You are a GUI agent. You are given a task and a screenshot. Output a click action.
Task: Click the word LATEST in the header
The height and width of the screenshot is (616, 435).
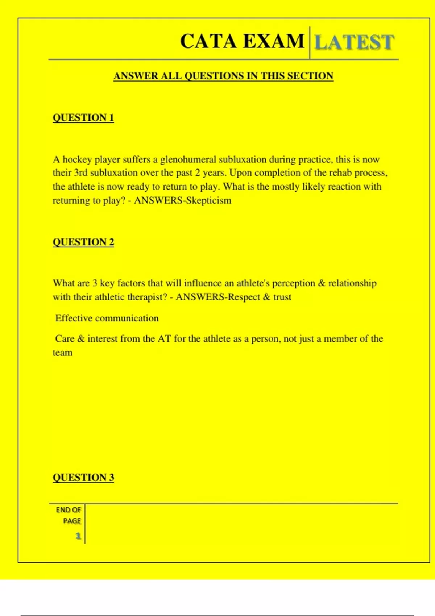[354, 42]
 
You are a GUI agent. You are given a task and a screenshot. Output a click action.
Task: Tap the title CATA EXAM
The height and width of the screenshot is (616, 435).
[242, 41]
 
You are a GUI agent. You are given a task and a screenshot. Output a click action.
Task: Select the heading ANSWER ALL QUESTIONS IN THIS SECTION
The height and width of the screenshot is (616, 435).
[223, 76]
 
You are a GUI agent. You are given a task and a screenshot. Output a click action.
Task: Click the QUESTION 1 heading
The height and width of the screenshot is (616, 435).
[83, 118]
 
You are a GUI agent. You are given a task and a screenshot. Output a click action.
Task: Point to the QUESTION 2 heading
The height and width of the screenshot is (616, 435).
[83, 242]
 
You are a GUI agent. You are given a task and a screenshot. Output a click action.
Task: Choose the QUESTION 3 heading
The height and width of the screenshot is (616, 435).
[83, 477]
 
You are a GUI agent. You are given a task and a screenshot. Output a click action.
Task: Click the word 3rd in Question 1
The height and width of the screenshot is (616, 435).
[81, 173]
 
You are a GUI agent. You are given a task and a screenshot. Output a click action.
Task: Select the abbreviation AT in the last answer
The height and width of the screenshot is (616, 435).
[164, 339]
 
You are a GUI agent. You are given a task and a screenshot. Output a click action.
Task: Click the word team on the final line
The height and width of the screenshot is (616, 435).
[62, 353]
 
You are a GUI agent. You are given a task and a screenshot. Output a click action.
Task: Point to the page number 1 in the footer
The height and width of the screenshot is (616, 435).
[78, 536]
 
